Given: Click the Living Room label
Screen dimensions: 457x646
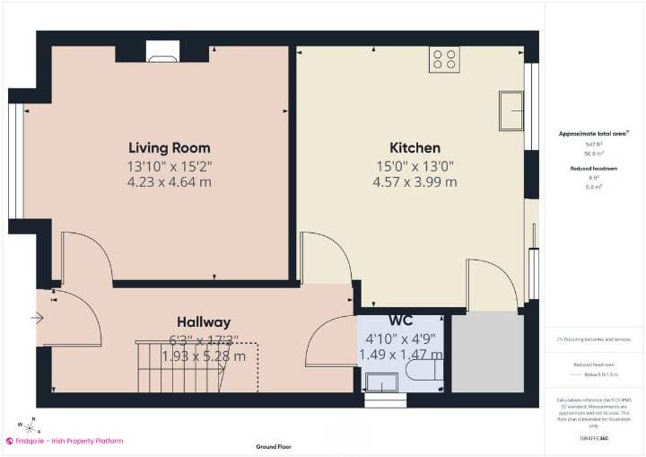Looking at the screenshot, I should point(169,147).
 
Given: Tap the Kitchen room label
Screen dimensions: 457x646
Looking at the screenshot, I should point(415,147).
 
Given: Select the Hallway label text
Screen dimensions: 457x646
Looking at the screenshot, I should point(204,321).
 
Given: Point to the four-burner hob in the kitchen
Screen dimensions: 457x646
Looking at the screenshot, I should point(445,59).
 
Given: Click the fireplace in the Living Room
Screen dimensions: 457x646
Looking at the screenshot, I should point(162,54).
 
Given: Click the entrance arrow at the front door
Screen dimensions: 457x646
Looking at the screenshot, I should point(37,317).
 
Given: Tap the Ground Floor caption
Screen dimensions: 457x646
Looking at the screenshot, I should point(274,446).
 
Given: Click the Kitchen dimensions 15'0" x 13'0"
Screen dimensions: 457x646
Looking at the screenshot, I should point(415,165).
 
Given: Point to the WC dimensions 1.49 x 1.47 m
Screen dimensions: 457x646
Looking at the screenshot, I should point(400,355).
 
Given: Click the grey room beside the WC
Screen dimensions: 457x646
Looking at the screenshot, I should point(486,352).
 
